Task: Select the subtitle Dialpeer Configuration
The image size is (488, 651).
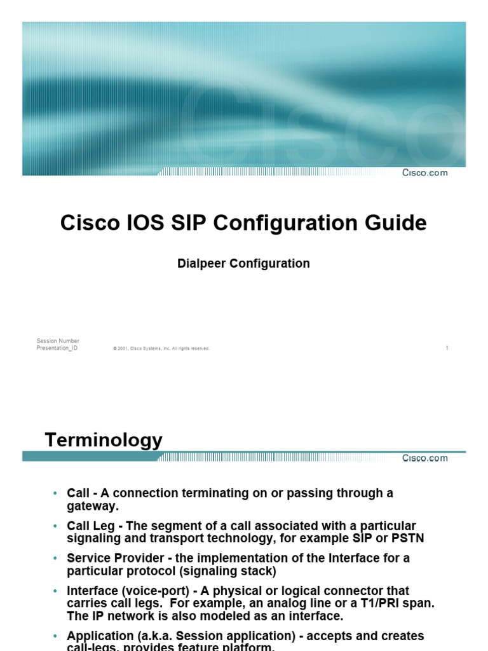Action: click(x=243, y=263)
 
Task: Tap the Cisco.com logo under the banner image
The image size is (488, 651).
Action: click(x=424, y=173)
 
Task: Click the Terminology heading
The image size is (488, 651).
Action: click(x=104, y=440)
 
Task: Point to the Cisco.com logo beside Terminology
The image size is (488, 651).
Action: click(x=424, y=458)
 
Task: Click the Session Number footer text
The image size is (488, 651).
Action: click(x=58, y=341)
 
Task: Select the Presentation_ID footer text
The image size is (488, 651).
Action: click(x=57, y=348)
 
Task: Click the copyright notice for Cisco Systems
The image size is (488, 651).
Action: click(x=161, y=348)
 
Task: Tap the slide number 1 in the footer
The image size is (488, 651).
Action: click(x=447, y=348)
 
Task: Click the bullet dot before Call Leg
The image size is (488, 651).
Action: click(x=55, y=526)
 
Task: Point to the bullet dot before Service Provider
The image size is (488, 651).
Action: click(x=55, y=559)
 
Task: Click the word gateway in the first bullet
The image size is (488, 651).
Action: click(x=93, y=506)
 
